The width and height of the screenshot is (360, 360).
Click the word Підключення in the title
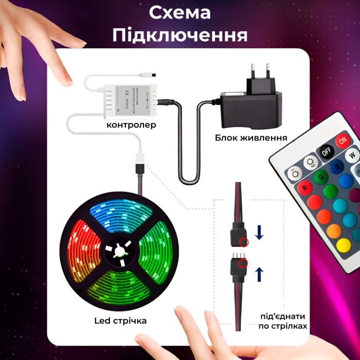179,35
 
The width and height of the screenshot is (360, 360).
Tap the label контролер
131,125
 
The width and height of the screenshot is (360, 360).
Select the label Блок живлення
251,138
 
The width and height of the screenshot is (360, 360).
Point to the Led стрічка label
121,320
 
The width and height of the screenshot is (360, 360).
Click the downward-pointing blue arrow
259,234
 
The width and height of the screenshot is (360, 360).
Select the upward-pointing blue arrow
259,271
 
